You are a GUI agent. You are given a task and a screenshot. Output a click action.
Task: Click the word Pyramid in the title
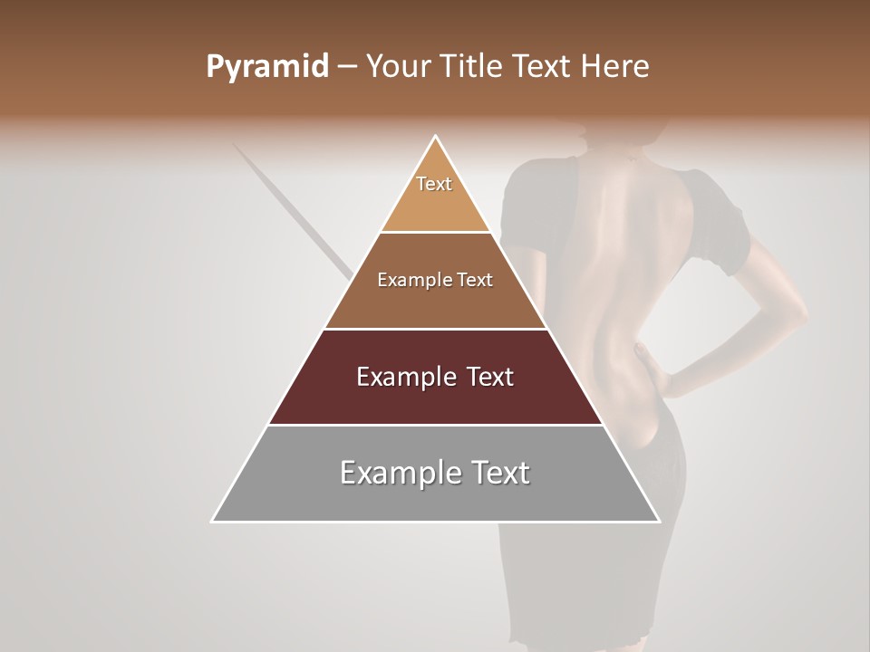pyautogui.click(x=266, y=67)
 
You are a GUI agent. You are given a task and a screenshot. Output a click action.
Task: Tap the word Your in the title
pyautogui.click(x=397, y=67)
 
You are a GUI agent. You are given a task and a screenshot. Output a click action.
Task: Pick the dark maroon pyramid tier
pyautogui.click(x=435, y=389)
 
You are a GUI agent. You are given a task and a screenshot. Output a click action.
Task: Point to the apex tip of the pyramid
pyautogui.click(x=436, y=137)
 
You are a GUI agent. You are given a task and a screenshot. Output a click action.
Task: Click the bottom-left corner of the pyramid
pyautogui.click(x=213, y=521)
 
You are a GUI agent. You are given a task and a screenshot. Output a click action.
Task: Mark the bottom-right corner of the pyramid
pyautogui.click(x=659, y=521)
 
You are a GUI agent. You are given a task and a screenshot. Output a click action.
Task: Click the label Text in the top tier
pyautogui.click(x=434, y=184)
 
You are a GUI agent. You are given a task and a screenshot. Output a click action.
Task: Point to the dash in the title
pyautogui.click(x=346, y=67)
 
